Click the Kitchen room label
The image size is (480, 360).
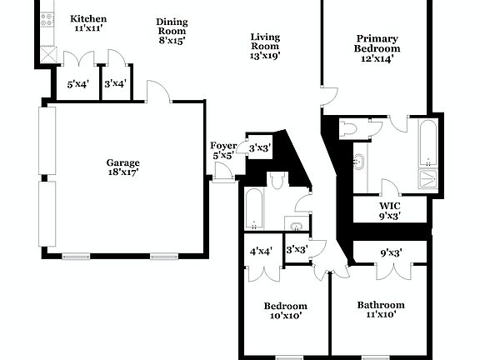pos(87,23)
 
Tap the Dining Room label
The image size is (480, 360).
pos(172,31)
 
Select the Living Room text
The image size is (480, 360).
pos(265,47)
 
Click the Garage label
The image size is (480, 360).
pos(122,167)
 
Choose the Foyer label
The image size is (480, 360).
pos(223,151)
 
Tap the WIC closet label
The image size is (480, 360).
pos(390,210)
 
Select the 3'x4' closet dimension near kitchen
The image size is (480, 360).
pos(113,83)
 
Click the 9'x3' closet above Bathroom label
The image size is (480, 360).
pos(391,252)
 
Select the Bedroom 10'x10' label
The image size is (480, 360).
pos(286,311)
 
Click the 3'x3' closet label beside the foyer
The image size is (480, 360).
pos(258,148)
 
